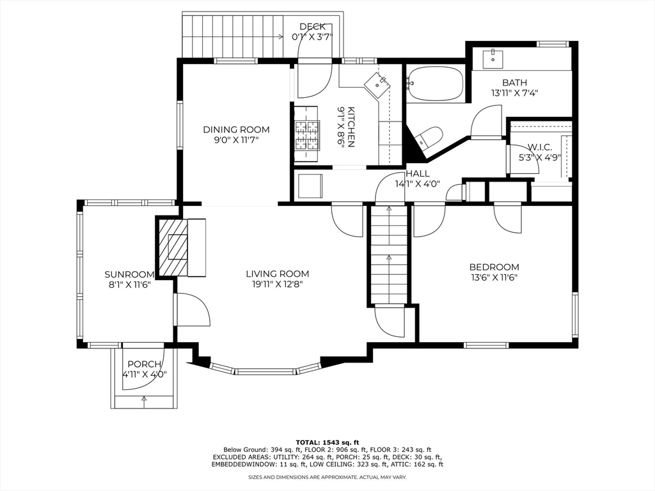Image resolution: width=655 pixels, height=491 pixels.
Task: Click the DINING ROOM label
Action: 237,129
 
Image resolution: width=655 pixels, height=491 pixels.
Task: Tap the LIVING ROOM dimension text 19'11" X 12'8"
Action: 278,284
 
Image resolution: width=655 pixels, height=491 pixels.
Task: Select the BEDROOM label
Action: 494,267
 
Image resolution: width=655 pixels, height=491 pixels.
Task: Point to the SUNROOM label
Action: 129,274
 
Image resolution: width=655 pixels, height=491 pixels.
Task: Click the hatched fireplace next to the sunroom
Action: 171,246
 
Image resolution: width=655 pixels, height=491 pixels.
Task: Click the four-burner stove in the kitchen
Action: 307,136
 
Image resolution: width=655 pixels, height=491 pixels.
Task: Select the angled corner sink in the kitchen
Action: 377,85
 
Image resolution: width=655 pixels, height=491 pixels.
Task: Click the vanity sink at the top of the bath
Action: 494,59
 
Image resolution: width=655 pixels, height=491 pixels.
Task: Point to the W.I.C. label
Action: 540,147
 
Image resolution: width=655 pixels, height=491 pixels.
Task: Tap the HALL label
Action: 418,174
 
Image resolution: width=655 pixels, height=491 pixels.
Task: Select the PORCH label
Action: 145,364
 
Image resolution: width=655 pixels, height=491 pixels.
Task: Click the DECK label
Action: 312,27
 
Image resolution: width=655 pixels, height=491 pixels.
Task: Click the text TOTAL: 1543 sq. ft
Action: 327,442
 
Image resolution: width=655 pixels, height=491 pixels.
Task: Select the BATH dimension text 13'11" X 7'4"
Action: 514,93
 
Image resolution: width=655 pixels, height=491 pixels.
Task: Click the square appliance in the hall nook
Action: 310,186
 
